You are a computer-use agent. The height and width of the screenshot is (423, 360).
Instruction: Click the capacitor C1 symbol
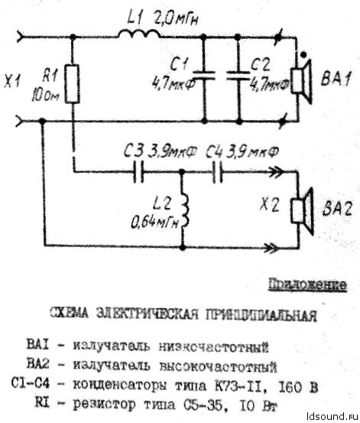(202, 76)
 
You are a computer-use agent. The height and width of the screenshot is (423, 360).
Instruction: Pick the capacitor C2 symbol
(239, 76)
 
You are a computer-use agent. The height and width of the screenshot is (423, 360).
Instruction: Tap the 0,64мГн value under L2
(156, 223)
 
